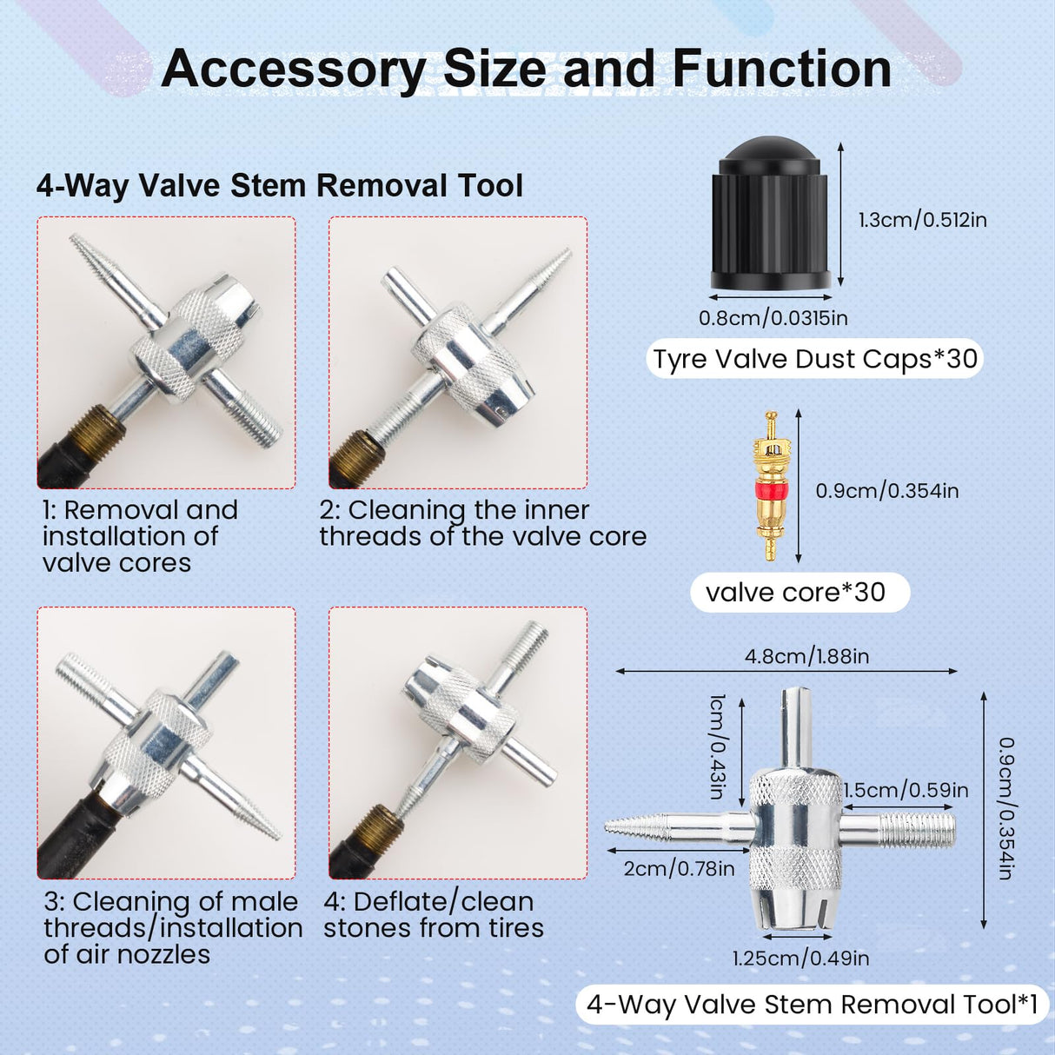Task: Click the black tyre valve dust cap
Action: (772, 214)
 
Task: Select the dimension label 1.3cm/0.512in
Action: (923, 220)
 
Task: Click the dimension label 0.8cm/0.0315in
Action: (773, 318)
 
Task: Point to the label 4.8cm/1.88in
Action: (807, 656)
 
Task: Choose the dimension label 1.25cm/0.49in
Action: (801, 958)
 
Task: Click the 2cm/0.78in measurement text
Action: (679, 869)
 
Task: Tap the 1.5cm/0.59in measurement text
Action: (906, 790)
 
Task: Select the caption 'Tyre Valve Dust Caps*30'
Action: (815, 359)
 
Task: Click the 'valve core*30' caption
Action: (795, 593)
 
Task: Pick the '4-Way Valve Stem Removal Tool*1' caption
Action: (813, 1005)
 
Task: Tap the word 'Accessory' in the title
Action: (294, 71)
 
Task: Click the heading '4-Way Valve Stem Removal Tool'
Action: (280, 186)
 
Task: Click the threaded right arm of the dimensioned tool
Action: (919, 829)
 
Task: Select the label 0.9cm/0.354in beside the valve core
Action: (887, 490)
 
